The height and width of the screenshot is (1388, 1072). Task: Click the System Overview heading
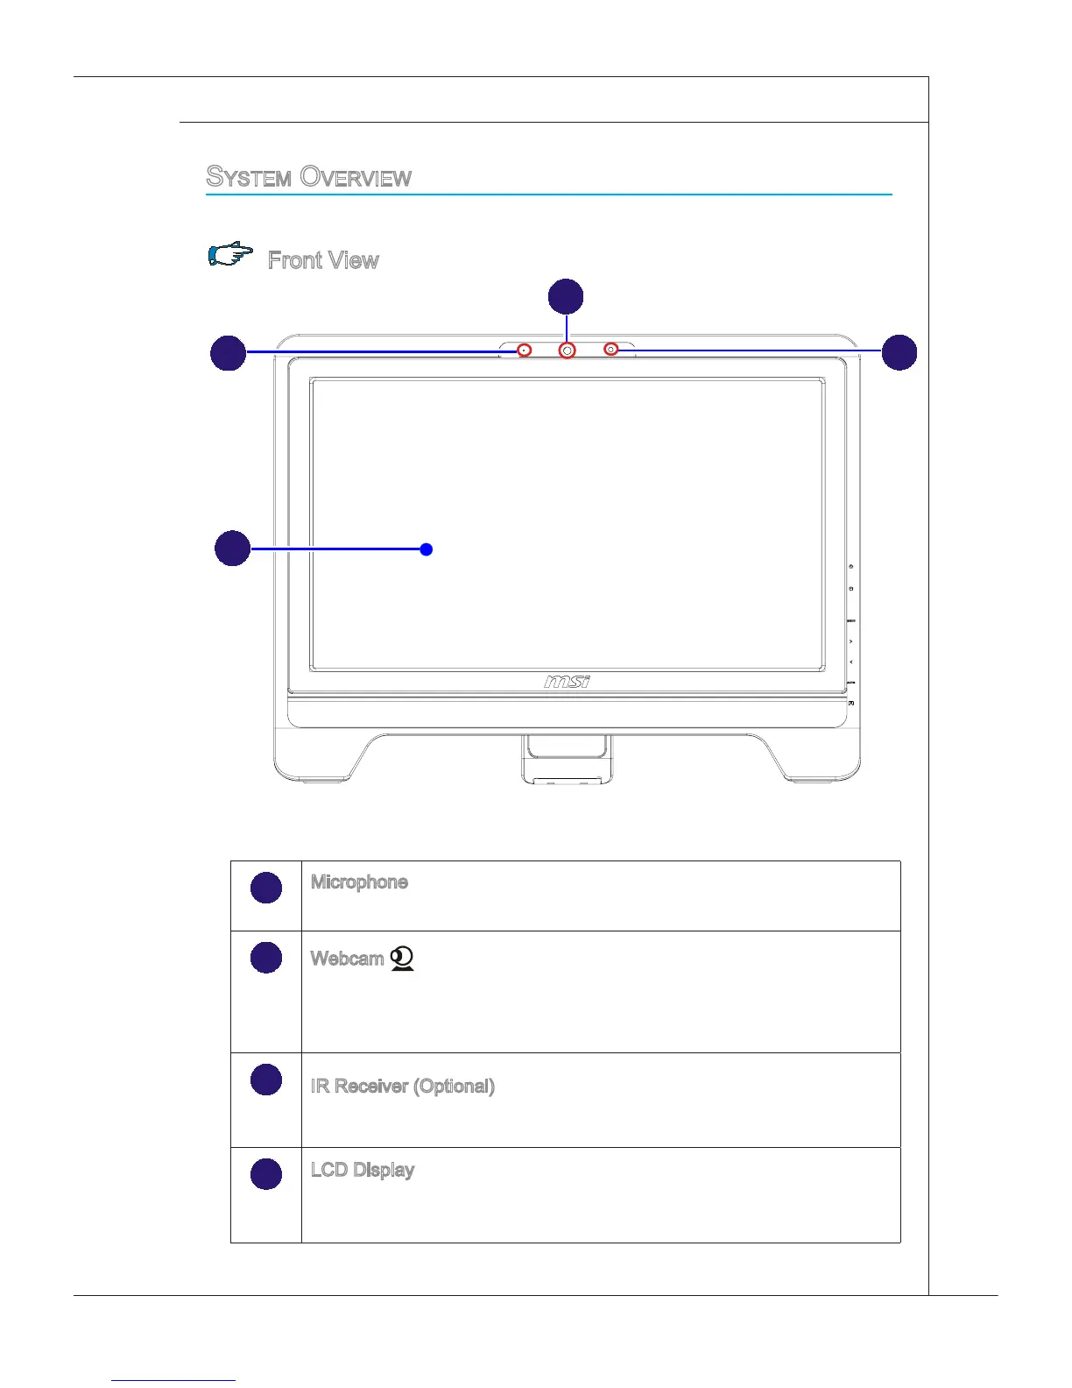(308, 177)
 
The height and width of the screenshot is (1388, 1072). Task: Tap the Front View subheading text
(323, 260)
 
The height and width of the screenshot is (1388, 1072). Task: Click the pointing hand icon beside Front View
(230, 255)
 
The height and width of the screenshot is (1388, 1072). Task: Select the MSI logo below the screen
(567, 681)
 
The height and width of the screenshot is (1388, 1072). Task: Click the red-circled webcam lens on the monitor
(568, 351)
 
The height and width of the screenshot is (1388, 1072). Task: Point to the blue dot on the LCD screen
(426, 549)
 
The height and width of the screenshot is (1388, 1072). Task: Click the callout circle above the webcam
(566, 296)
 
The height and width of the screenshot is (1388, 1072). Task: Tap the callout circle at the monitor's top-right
(899, 352)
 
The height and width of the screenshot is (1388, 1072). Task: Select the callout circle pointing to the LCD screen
(232, 548)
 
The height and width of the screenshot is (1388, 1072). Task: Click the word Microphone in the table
(359, 882)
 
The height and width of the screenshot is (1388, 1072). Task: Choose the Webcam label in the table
(347, 959)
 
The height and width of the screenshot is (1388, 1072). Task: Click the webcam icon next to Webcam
(402, 959)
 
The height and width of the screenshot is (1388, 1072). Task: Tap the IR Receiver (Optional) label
(402, 1087)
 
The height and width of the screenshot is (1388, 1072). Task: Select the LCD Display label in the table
(362, 1171)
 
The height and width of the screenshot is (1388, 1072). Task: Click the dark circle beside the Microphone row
(266, 888)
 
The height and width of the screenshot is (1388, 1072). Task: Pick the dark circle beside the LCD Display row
(266, 1174)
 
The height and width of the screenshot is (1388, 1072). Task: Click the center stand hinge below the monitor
(566, 758)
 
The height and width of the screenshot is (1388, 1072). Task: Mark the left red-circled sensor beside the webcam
(524, 351)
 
